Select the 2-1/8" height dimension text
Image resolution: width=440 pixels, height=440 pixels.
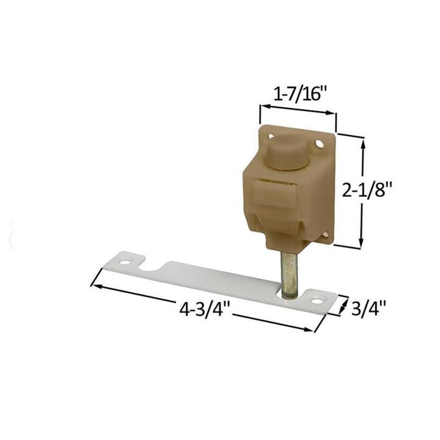click(x=367, y=191)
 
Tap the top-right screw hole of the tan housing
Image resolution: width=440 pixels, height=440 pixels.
click(x=319, y=144)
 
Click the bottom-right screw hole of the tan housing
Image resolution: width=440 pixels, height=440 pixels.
click(x=324, y=233)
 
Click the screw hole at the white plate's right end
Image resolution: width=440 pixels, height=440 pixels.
click(x=316, y=301)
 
